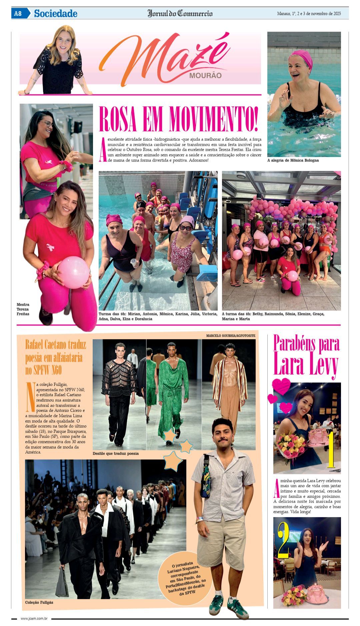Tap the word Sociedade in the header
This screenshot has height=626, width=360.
pos(55,14)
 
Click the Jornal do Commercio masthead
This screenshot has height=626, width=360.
pos(180,14)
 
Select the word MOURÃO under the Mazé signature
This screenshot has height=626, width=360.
pos(205,75)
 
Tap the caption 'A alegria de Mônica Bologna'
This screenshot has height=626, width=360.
pos(293,160)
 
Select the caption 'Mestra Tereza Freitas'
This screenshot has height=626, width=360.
pos(23,309)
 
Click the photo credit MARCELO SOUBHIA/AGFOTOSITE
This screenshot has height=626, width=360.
pos(231,335)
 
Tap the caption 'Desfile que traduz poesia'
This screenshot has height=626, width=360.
pos(116,453)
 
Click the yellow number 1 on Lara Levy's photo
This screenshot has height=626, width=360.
pos(331,450)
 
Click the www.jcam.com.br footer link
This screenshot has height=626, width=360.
pos(34,619)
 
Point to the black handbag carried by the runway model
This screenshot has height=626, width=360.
pos(62,582)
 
